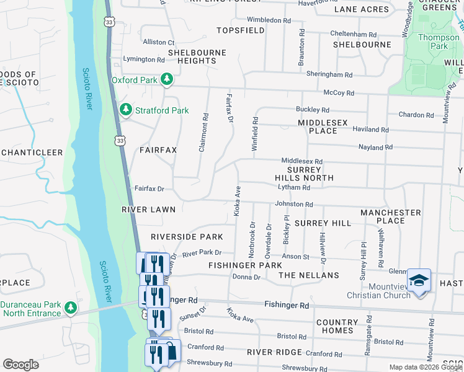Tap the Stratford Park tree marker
[x=126, y=110]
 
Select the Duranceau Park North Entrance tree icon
[x=71, y=308]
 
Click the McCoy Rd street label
[x=338, y=93]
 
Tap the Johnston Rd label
[x=293, y=204]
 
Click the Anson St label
[x=295, y=257]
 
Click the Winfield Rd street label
[x=255, y=128]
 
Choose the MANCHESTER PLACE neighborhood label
[x=391, y=217]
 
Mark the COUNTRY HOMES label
[x=337, y=327]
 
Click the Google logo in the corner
[x=20, y=365]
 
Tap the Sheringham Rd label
[x=329, y=74]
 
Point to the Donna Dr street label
[x=246, y=277]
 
